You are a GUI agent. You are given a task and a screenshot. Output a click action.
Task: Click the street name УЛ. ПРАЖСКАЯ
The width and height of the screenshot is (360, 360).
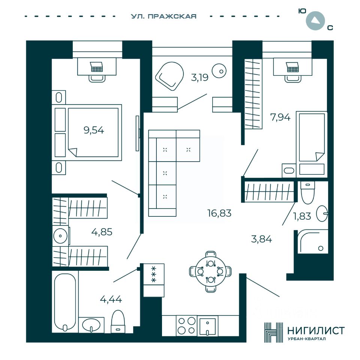(164, 16)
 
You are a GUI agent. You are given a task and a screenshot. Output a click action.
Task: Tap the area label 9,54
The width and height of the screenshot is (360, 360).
(94, 130)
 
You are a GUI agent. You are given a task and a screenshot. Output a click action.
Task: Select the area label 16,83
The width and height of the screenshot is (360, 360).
(219, 213)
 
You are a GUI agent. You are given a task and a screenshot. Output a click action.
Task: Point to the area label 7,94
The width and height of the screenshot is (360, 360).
(280, 117)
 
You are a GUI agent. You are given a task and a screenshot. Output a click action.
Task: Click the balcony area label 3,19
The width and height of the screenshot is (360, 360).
(200, 78)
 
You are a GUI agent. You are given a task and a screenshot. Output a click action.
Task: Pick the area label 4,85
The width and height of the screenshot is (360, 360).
(102, 232)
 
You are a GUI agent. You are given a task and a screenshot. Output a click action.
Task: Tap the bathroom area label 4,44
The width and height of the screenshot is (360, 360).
(111, 299)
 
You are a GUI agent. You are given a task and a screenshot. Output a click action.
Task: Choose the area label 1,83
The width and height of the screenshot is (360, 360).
(302, 216)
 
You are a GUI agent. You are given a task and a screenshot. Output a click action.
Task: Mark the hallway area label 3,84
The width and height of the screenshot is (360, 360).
(261, 239)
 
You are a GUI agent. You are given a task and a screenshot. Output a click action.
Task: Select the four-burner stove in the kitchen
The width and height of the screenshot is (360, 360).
(186, 326)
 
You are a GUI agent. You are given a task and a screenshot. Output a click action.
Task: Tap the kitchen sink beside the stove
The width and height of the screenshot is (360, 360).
(207, 326)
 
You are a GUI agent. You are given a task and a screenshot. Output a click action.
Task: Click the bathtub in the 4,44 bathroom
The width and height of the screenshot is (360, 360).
(65, 302)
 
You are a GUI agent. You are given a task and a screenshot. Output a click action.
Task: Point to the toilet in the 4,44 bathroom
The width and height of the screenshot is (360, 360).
(118, 321)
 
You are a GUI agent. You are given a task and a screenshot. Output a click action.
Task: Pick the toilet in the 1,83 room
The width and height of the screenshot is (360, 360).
(307, 192)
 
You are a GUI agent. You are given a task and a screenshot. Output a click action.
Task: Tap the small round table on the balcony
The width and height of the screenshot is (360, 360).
(219, 71)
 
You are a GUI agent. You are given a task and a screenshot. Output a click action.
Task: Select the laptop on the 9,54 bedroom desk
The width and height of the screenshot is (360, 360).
(96, 67)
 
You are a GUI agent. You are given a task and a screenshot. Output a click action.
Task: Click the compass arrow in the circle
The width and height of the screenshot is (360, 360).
(315, 21)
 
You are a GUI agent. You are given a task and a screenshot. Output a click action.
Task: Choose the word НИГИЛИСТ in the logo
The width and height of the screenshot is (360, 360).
(316, 331)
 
